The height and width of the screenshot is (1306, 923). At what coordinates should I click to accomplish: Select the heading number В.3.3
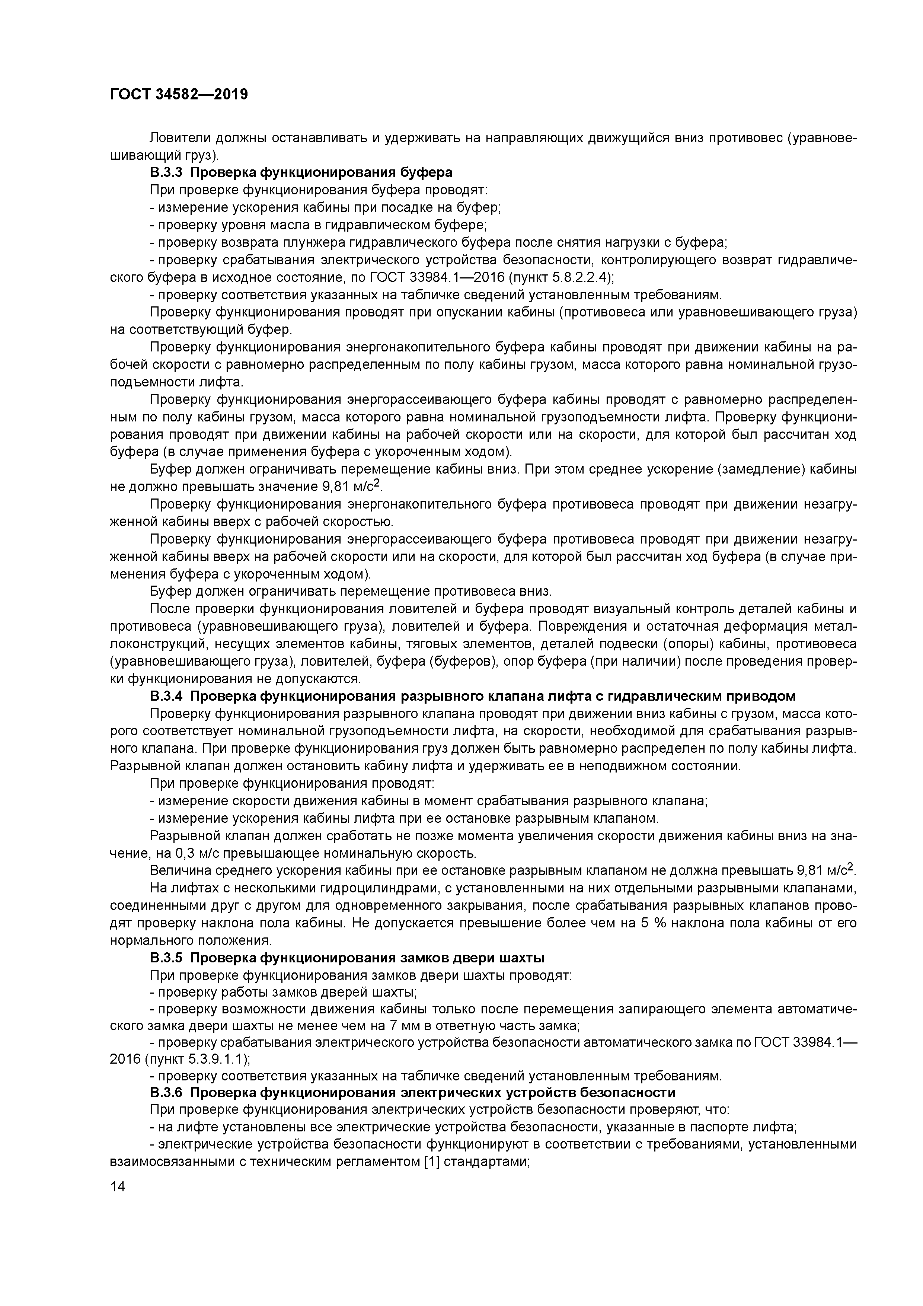(166, 172)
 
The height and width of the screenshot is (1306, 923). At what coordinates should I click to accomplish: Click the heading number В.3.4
(166, 696)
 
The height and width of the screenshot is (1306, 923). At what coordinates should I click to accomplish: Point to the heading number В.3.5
(166, 958)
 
